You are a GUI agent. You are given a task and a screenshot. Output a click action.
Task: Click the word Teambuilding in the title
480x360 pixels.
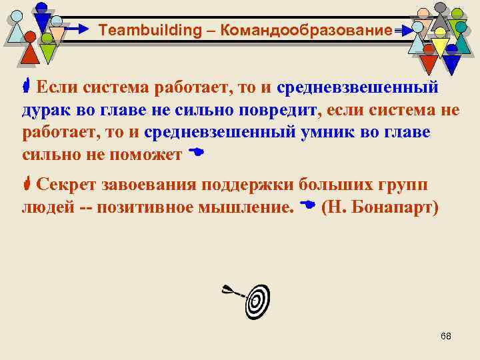(x=140, y=30)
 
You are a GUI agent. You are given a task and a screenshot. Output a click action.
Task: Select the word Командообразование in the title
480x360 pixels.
(x=305, y=30)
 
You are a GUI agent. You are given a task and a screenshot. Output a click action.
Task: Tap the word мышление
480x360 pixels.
(x=255, y=207)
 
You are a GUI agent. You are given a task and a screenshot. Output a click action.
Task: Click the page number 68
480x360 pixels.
(x=446, y=336)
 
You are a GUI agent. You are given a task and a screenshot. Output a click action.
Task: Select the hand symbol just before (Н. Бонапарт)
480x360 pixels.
(x=307, y=205)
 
